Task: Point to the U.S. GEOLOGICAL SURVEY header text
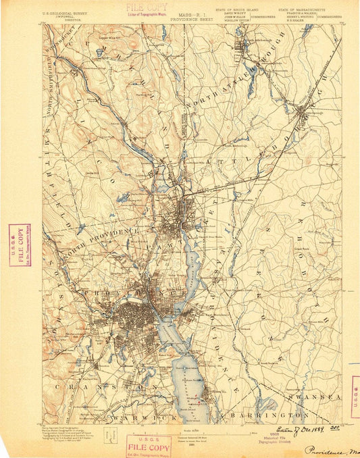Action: point(66,12)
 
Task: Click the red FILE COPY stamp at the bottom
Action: point(149,445)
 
